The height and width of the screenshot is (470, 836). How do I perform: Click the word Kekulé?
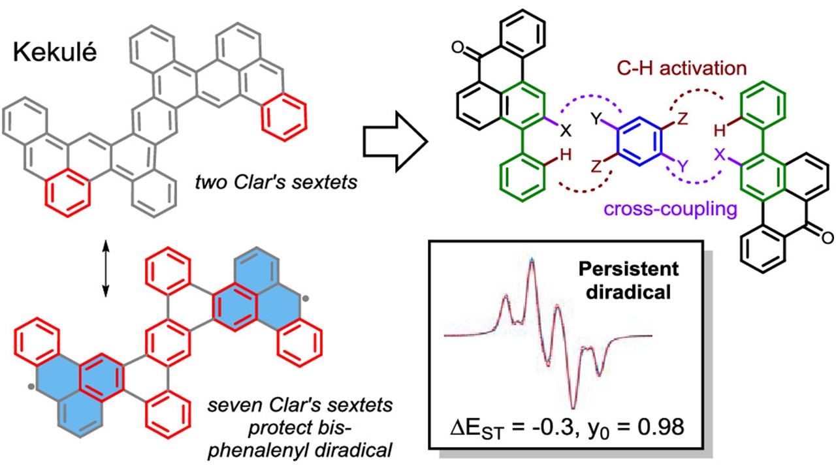click(x=54, y=53)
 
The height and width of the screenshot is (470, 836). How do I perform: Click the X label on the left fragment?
click(x=566, y=130)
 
